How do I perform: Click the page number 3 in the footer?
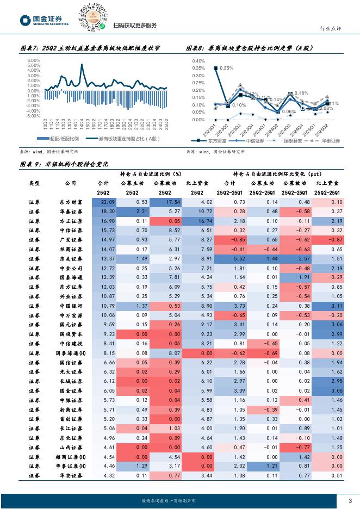[350, 501]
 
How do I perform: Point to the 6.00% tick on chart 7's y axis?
[33, 60]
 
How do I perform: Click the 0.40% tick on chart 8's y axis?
[198, 61]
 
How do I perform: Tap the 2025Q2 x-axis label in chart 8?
[324, 129]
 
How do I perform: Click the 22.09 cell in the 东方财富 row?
[104, 202]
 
